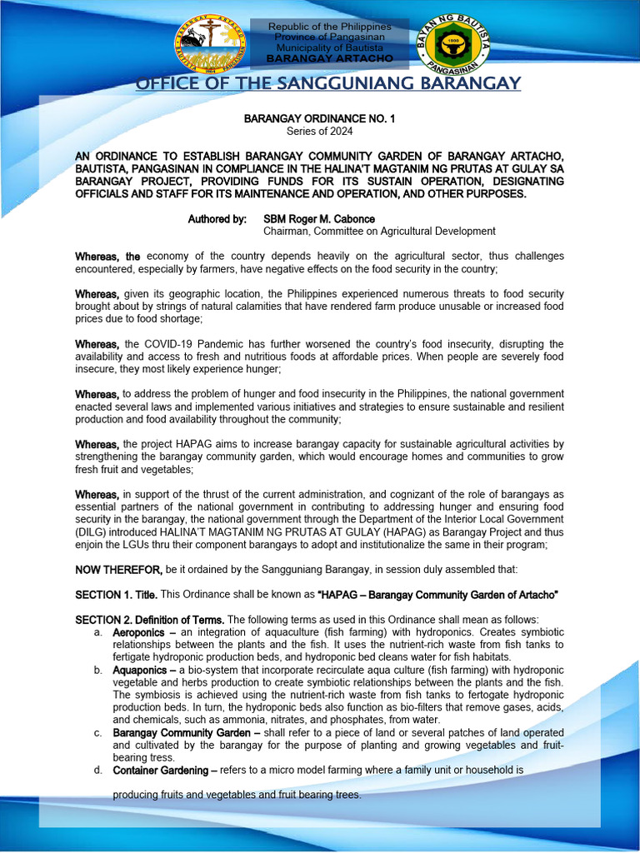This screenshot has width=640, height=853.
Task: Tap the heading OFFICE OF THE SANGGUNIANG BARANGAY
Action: (x=328, y=83)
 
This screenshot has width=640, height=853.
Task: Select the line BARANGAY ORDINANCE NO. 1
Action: (x=320, y=119)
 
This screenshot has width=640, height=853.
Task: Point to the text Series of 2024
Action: (x=320, y=132)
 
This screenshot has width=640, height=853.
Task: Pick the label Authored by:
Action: (x=218, y=219)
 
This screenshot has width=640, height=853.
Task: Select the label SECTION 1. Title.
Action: (x=116, y=594)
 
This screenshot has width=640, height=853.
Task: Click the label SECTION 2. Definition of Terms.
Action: (x=149, y=620)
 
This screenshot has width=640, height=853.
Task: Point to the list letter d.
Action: (x=97, y=770)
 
